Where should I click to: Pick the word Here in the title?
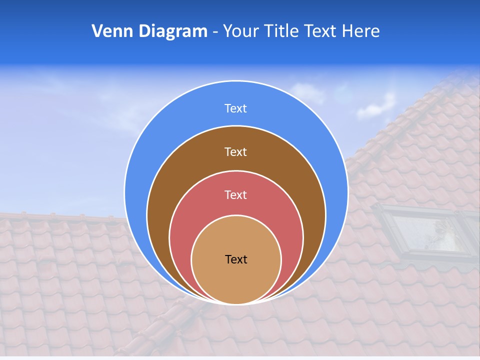[361, 31]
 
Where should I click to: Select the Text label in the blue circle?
[235, 108]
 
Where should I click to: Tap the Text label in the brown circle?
[235, 151]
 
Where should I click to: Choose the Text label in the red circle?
[235, 194]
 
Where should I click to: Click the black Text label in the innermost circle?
[236, 259]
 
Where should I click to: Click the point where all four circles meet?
[236, 303]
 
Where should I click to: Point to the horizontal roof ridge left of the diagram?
[60, 216]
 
